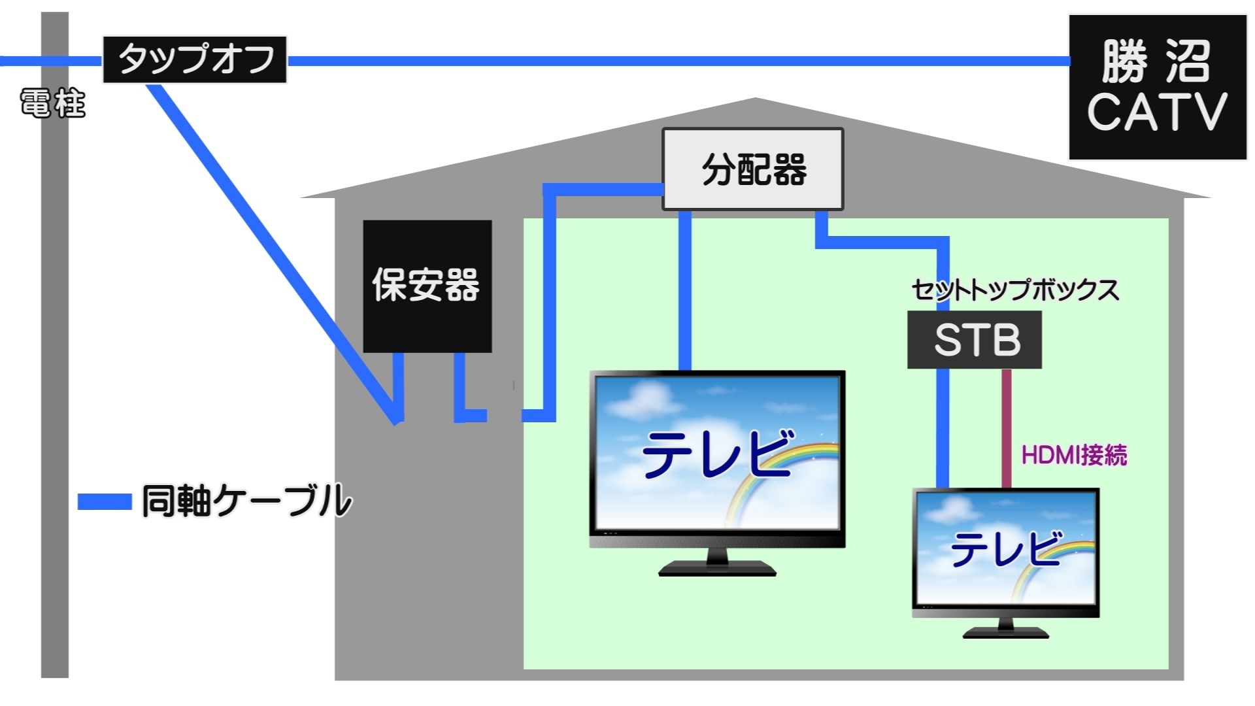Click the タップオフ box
click(x=195, y=59)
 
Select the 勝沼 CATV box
click(x=1157, y=88)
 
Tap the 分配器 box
click(x=753, y=169)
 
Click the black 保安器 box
click(x=427, y=286)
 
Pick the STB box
click(x=975, y=340)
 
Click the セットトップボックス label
click(x=1014, y=290)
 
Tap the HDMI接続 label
click(x=1074, y=455)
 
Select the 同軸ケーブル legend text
click(x=247, y=501)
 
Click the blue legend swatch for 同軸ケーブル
click(x=105, y=501)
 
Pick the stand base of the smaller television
click(x=1005, y=632)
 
